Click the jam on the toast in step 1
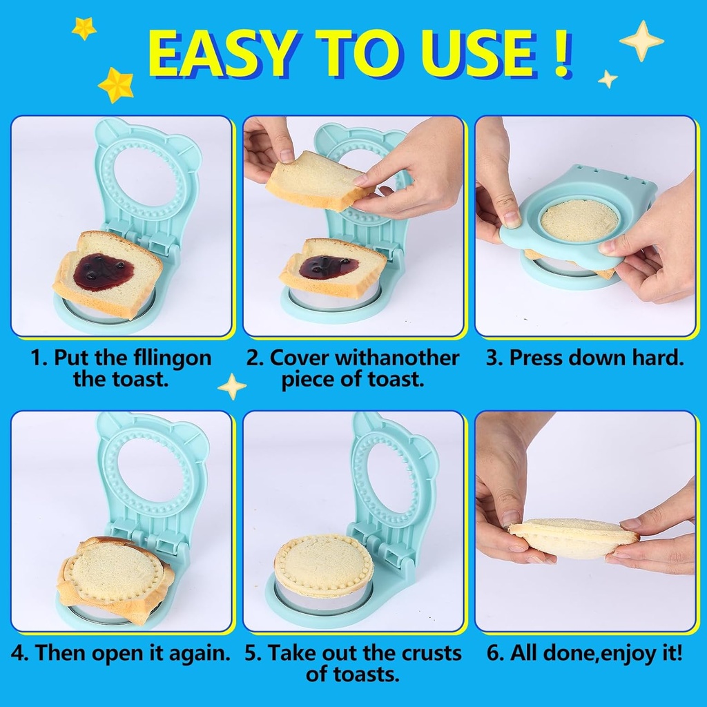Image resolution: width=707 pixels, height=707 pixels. click(x=103, y=271)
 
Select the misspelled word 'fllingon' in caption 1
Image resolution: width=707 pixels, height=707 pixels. click(x=171, y=358)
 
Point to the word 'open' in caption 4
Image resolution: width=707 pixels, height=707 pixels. click(x=121, y=653)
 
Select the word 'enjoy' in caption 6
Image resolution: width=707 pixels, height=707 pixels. click(x=609, y=653)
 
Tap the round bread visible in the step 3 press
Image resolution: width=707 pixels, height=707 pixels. click(x=579, y=220)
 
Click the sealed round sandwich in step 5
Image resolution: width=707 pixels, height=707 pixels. click(x=323, y=565)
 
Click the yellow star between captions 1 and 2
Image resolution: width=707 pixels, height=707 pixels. click(x=232, y=386)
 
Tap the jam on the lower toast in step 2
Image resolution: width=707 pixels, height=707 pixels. click(x=328, y=266)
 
